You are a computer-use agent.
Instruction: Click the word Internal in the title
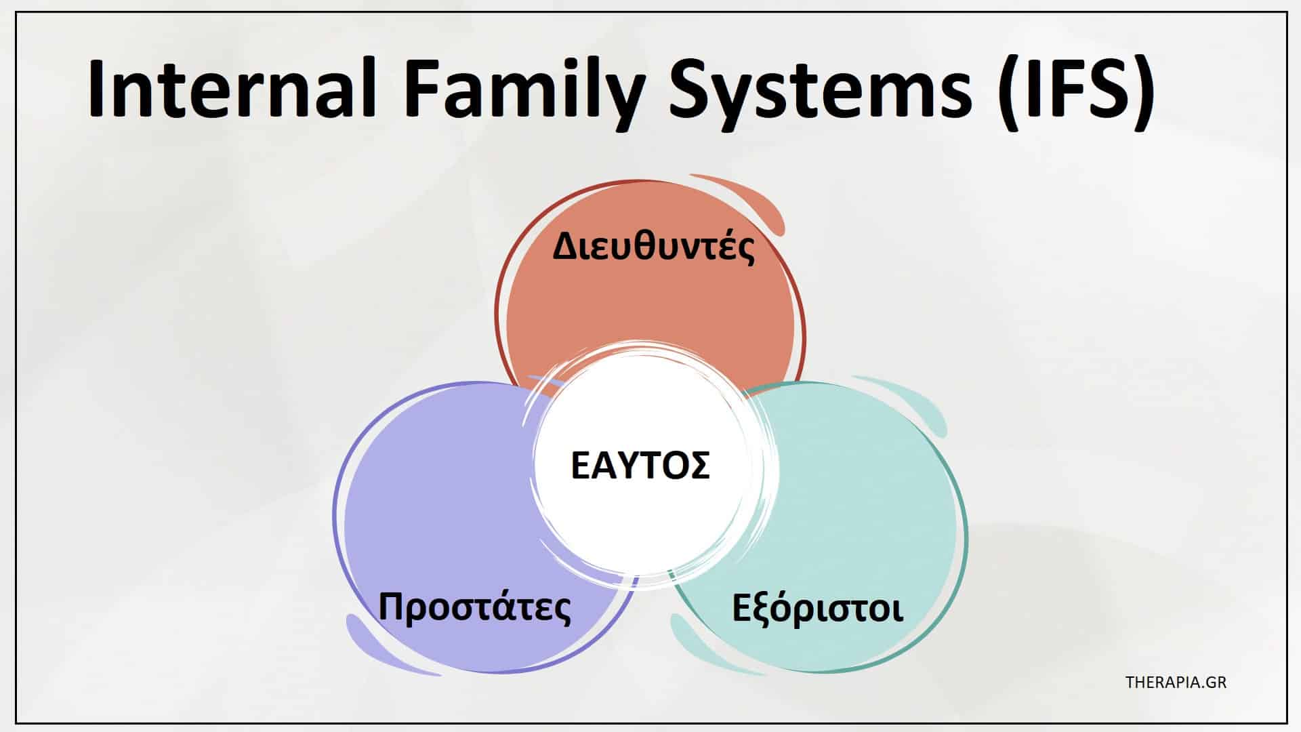click(232, 88)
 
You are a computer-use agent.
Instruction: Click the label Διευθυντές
click(654, 247)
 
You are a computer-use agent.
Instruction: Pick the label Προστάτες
click(474, 607)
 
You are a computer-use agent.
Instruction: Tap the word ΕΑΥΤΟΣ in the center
click(640, 466)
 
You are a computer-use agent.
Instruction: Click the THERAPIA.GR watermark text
click(1176, 682)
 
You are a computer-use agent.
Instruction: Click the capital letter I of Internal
click(96, 88)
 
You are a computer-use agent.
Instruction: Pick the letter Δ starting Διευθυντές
click(567, 247)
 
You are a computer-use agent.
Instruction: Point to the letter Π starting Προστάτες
click(392, 607)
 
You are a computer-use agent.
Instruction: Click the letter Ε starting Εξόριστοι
click(743, 607)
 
